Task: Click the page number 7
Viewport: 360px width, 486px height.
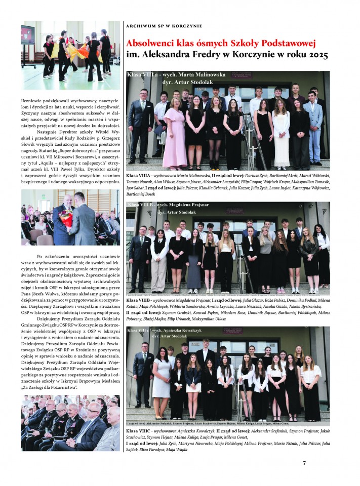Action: tap(304, 463)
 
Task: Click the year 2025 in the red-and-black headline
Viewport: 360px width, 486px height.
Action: tap(316, 55)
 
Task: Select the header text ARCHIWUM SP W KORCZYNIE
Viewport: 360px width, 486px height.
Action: tap(164, 25)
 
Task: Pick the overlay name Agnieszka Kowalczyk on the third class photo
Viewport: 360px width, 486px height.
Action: tap(200, 331)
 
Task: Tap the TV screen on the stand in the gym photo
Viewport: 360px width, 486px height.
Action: tap(28, 35)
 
